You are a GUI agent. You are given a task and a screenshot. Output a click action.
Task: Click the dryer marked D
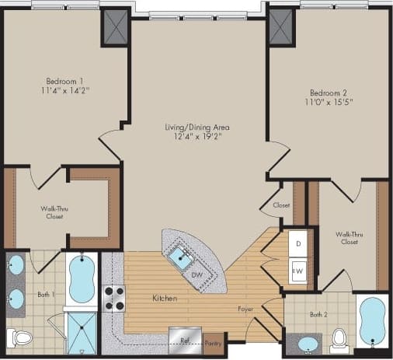[299, 243]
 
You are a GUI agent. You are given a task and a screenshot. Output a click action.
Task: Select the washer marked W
[299, 271]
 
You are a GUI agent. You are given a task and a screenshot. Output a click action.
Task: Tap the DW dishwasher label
[197, 275]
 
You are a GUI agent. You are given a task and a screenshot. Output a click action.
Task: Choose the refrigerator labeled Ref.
[186, 340]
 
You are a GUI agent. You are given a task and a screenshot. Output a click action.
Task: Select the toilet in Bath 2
[339, 338]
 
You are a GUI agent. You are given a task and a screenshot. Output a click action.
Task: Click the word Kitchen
[164, 298]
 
